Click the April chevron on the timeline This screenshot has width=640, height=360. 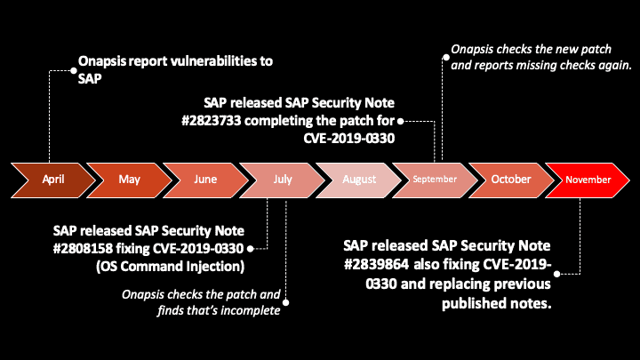53,180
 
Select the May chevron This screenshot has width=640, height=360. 130,180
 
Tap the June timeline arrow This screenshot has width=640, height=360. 205,180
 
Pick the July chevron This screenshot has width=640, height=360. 282,180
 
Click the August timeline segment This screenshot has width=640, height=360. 358,180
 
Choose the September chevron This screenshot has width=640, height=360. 435,180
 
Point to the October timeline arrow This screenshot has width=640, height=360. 511,180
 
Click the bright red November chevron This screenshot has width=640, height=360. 588,180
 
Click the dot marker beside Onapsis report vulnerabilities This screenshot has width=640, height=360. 73,63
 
